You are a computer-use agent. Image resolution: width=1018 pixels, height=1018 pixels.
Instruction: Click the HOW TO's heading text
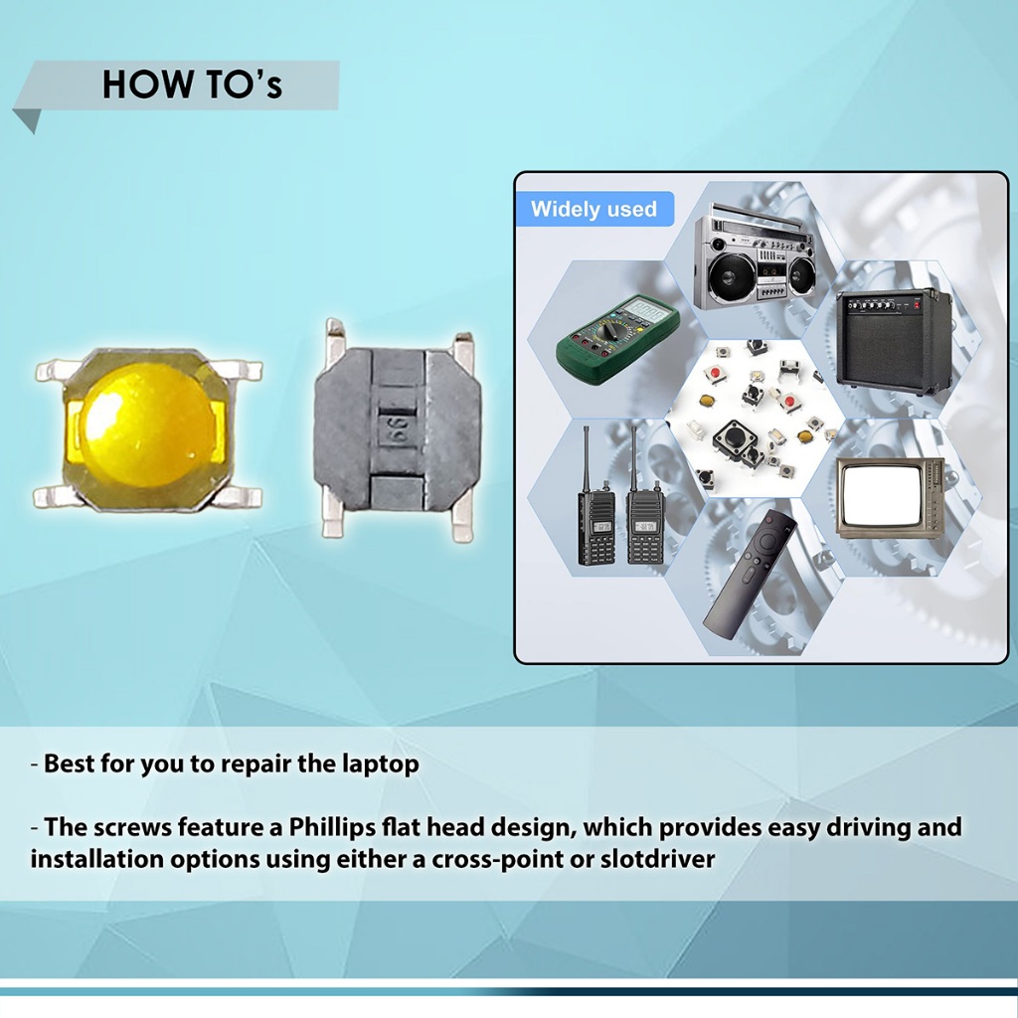(x=192, y=85)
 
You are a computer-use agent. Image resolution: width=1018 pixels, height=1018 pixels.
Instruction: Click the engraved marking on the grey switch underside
(x=396, y=429)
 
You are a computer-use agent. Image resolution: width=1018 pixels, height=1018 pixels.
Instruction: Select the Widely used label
(x=594, y=209)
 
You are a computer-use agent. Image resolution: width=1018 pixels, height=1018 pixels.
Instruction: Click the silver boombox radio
(x=754, y=257)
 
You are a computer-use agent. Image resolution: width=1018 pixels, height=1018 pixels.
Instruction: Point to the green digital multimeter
(x=617, y=340)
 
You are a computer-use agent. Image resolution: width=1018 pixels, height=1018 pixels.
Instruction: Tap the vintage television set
(x=890, y=497)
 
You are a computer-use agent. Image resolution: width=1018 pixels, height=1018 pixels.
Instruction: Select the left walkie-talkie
(x=596, y=506)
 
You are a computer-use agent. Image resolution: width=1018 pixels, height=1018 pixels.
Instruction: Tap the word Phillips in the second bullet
(x=332, y=827)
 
